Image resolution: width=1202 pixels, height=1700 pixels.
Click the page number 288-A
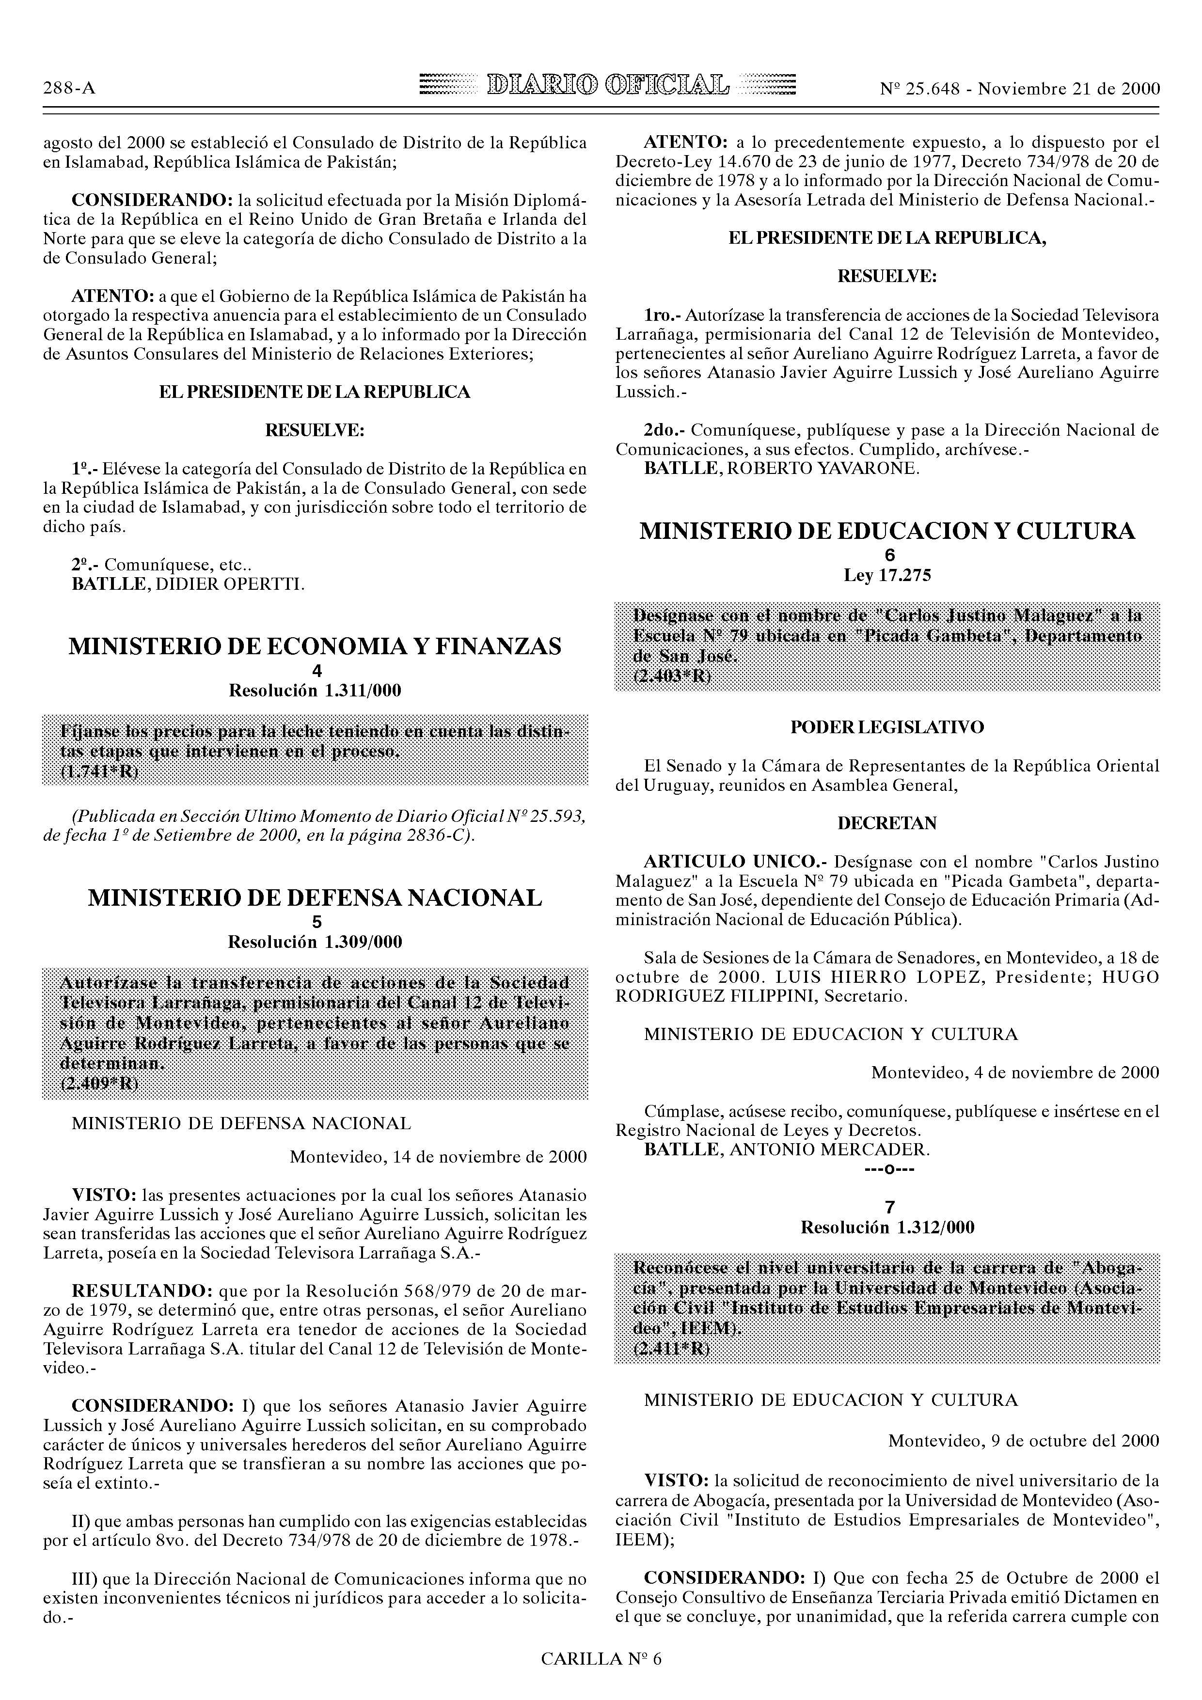(69, 89)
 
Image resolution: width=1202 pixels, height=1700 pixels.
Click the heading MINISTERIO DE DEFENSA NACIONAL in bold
(315, 898)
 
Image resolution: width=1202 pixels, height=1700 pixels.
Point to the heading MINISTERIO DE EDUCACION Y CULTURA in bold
(886, 531)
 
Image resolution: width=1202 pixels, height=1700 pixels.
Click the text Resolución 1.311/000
(315, 692)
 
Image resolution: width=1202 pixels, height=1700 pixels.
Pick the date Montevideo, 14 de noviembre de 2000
(439, 1157)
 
